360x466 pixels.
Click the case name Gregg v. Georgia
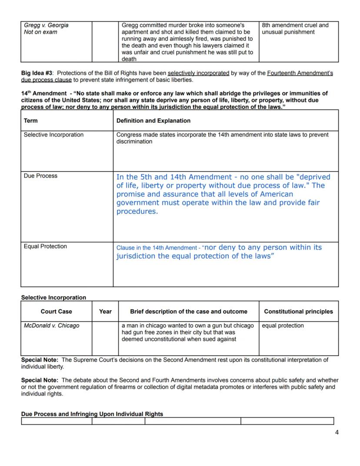tap(46, 25)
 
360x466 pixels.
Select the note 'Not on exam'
tap(40, 32)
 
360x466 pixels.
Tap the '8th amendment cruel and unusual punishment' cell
tap(295, 29)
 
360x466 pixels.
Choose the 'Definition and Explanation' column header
tap(153, 121)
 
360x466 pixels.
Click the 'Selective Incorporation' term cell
tap(53, 135)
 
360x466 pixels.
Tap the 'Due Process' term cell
tap(40, 176)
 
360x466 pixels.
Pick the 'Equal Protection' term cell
tap(45, 246)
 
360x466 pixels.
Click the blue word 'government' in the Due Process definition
tap(137, 203)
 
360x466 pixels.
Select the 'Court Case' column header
tap(57, 312)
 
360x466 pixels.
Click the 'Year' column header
tap(105, 312)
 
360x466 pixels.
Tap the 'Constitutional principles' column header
tap(298, 312)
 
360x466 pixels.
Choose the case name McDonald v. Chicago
tap(51, 326)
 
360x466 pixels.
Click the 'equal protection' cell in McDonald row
tap(283, 326)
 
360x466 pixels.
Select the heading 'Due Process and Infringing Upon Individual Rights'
tap(92, 414)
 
